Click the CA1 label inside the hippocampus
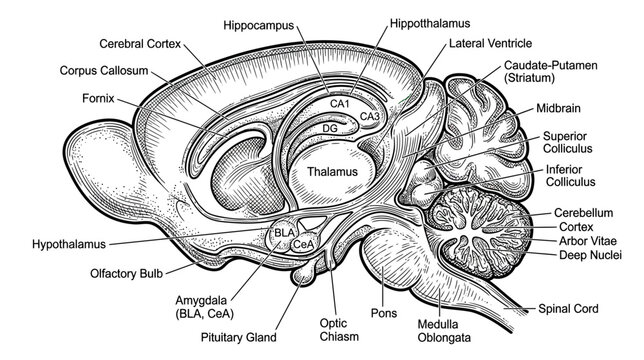click(340, 103)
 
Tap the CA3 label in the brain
click(370, 117)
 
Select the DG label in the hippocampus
click(330, 128)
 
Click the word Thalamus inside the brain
click(333, 172)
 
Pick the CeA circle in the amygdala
click(304, 243)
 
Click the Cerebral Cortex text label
click(140, 44)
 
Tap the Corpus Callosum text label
click(104, 71)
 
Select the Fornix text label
click(98, 99)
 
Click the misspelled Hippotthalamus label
click(430, 23)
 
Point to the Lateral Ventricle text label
click(490, 43)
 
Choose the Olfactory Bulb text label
click(126, 273)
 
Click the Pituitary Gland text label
click(239, 337)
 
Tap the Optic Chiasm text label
click(339, 330)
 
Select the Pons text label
click(384, 313)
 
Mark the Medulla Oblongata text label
click(444, 331)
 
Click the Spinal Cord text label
click(568, 309)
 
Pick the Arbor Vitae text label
click(588, 241)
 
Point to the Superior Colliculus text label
click(568, 142)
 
